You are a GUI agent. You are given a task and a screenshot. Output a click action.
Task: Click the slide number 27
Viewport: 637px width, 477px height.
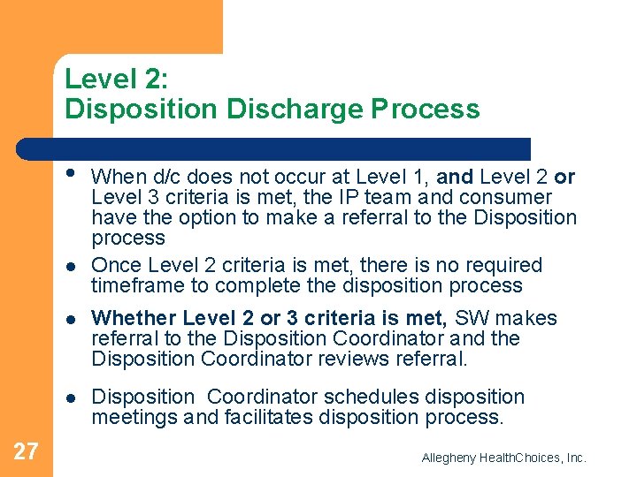(x=27, y=451)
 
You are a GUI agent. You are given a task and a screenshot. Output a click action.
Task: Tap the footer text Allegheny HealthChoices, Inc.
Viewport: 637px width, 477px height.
(x=504, y=458)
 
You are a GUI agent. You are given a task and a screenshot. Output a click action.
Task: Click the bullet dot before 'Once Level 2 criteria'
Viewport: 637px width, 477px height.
(x=70, y=266)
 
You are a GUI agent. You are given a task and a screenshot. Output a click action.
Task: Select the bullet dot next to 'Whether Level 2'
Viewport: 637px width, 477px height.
(x=70, y=319)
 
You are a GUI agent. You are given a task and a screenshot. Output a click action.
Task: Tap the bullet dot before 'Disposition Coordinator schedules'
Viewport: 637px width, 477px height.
(x=70, y=397)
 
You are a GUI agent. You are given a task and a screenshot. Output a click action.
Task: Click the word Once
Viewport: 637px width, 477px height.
(x=117, y=265)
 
